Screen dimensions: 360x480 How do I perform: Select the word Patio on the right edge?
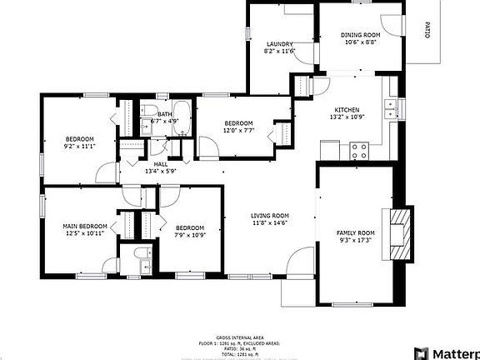(427, 31)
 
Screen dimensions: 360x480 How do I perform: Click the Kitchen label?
(347, 110)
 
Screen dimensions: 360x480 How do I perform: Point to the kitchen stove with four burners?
(360, 151)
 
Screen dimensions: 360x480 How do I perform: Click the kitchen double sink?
(390, 107)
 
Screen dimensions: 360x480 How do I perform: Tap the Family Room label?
(356, 232)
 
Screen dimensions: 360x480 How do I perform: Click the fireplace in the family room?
(402, 234)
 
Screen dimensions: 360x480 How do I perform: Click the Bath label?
(165, 114)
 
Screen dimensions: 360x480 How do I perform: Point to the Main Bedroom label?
(85, 226)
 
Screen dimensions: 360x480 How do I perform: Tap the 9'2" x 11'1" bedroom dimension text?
(80, 146)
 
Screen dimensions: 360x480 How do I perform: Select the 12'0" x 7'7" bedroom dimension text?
(237, 129)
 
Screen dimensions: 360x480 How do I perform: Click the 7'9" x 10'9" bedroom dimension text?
(190, 235)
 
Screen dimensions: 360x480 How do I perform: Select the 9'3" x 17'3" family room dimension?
(356, 240)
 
